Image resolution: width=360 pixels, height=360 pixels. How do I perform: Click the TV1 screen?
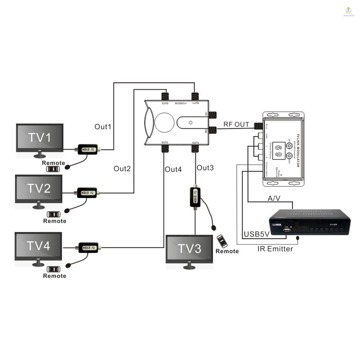point(40,138)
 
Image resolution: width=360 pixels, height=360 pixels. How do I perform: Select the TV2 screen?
point(39,189)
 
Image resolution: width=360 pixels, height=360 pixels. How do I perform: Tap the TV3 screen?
point(189,249)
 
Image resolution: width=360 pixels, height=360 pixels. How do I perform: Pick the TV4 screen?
point(38,246)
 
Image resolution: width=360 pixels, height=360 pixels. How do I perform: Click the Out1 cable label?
point(103,127)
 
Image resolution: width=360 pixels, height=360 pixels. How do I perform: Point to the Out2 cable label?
point(122,169)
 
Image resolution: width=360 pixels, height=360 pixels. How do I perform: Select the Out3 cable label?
point(205,168)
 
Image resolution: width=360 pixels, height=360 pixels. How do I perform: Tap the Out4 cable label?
point(173,169)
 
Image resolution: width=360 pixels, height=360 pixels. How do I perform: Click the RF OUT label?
point(236,124)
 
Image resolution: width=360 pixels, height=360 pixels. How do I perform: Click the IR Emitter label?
point(275,249)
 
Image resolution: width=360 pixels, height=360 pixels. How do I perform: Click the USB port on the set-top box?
point(287,231)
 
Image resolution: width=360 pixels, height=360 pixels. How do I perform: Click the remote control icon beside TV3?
point(222,241)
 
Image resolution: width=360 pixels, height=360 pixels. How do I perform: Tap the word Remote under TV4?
point(54,276)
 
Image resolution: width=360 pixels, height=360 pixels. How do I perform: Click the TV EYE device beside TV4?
point(89,247)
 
